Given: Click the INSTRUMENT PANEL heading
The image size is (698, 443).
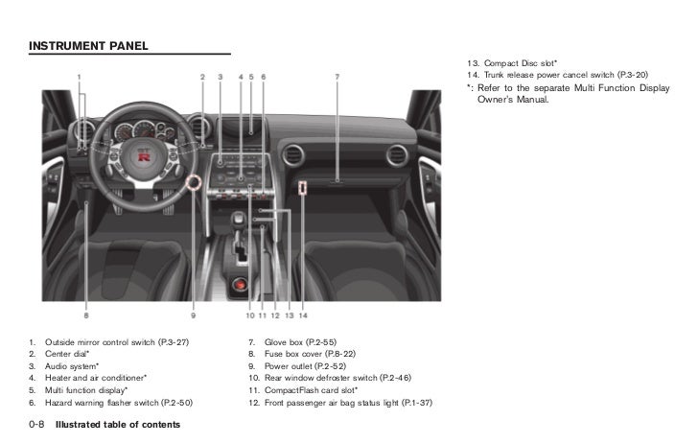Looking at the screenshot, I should coord(89,45).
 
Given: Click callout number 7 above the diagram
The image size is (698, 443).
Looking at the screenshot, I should coord(337,76).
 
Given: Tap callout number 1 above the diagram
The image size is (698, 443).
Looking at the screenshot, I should coord(80,76).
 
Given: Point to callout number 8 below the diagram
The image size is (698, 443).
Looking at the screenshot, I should coord(85,315).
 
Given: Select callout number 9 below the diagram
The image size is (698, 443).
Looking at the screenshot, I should coord(193,315).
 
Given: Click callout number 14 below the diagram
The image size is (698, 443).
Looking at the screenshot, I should coord(302,315).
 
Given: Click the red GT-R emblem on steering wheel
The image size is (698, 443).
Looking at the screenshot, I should coord(145,152).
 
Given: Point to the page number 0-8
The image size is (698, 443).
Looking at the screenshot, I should coord(37,423).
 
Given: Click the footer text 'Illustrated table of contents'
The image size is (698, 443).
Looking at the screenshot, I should coord(118,424).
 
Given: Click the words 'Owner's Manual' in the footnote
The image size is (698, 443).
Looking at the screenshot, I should coord(513,99).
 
